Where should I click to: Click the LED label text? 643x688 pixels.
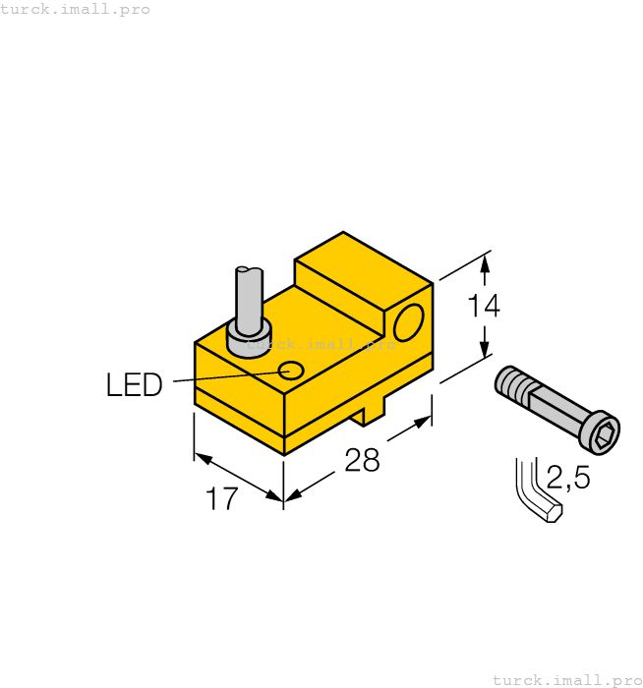(x=134, y=385)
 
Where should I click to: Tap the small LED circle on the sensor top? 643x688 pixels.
(x=291, y=371)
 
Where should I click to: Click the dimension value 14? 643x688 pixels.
(x=483, y=307)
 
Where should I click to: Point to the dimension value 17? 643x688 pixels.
(x=223, y=499)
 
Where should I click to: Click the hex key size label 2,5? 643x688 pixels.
(x=567, y=479)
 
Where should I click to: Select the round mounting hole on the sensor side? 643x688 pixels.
(x=408, y=321)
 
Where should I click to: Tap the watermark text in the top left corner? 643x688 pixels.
(x=76, y=9)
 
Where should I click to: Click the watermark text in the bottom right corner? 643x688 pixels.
(x=566, y=679)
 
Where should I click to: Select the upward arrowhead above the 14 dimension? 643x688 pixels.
(x=484, y=263)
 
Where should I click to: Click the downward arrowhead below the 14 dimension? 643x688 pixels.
(x=484, y=350)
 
